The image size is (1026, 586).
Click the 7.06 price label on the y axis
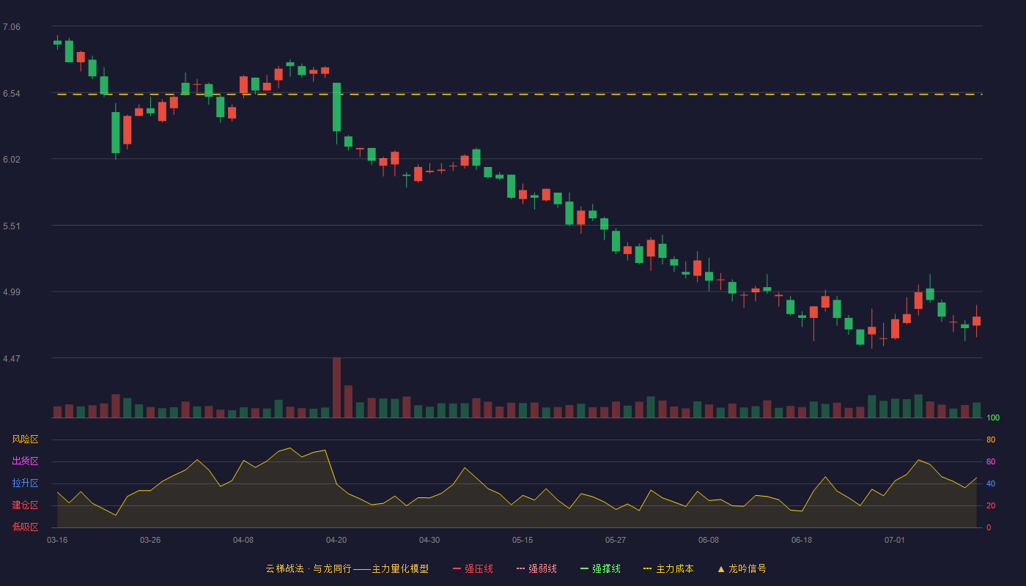click(12, 27)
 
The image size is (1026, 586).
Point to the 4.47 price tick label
click(12, 358)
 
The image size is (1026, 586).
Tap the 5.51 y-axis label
click(12, 226)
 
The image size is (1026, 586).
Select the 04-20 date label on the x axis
click(336, 541)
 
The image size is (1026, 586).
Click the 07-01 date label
click(895, 541)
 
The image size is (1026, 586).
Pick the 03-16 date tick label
click(57, 541)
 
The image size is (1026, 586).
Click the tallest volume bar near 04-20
click(336, 387)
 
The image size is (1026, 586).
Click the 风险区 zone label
click(25, 439)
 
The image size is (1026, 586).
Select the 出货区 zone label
click(25, 461)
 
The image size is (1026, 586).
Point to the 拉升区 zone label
click(25, 483)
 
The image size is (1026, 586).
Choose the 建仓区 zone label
click(25, 505)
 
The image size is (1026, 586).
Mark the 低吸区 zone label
click(25, 527)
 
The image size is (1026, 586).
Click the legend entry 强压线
click(473, 568)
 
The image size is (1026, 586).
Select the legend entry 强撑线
click(600, 568)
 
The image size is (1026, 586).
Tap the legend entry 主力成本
click(668, 568)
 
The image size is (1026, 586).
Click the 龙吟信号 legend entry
click(742, 568)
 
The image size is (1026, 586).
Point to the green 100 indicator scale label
click(993, 418)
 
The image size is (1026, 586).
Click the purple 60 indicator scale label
click(991, 461)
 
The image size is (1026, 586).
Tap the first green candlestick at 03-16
click(57, 42)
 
